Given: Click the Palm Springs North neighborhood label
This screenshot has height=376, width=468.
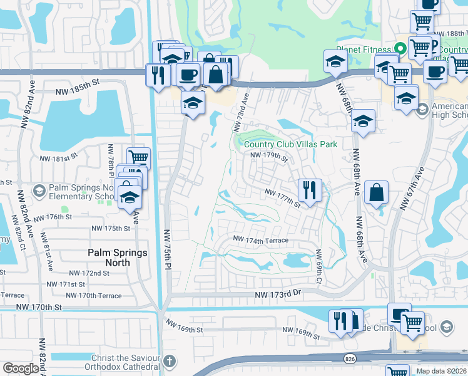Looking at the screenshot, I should (118, 258).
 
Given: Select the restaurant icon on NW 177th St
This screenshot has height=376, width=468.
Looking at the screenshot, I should (310, 189).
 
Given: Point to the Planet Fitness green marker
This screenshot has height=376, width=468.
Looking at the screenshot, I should (400, 48).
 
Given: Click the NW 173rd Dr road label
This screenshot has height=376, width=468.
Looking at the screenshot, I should (278, 294).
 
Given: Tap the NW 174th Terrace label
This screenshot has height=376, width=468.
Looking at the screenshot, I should (261, 240).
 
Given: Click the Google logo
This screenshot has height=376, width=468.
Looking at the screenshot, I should (21, 368).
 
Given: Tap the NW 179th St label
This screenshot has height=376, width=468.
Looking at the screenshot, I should (268, 156).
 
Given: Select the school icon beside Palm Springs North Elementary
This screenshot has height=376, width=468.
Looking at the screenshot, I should (39, 190).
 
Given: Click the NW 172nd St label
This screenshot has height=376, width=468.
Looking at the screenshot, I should (89, 273).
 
